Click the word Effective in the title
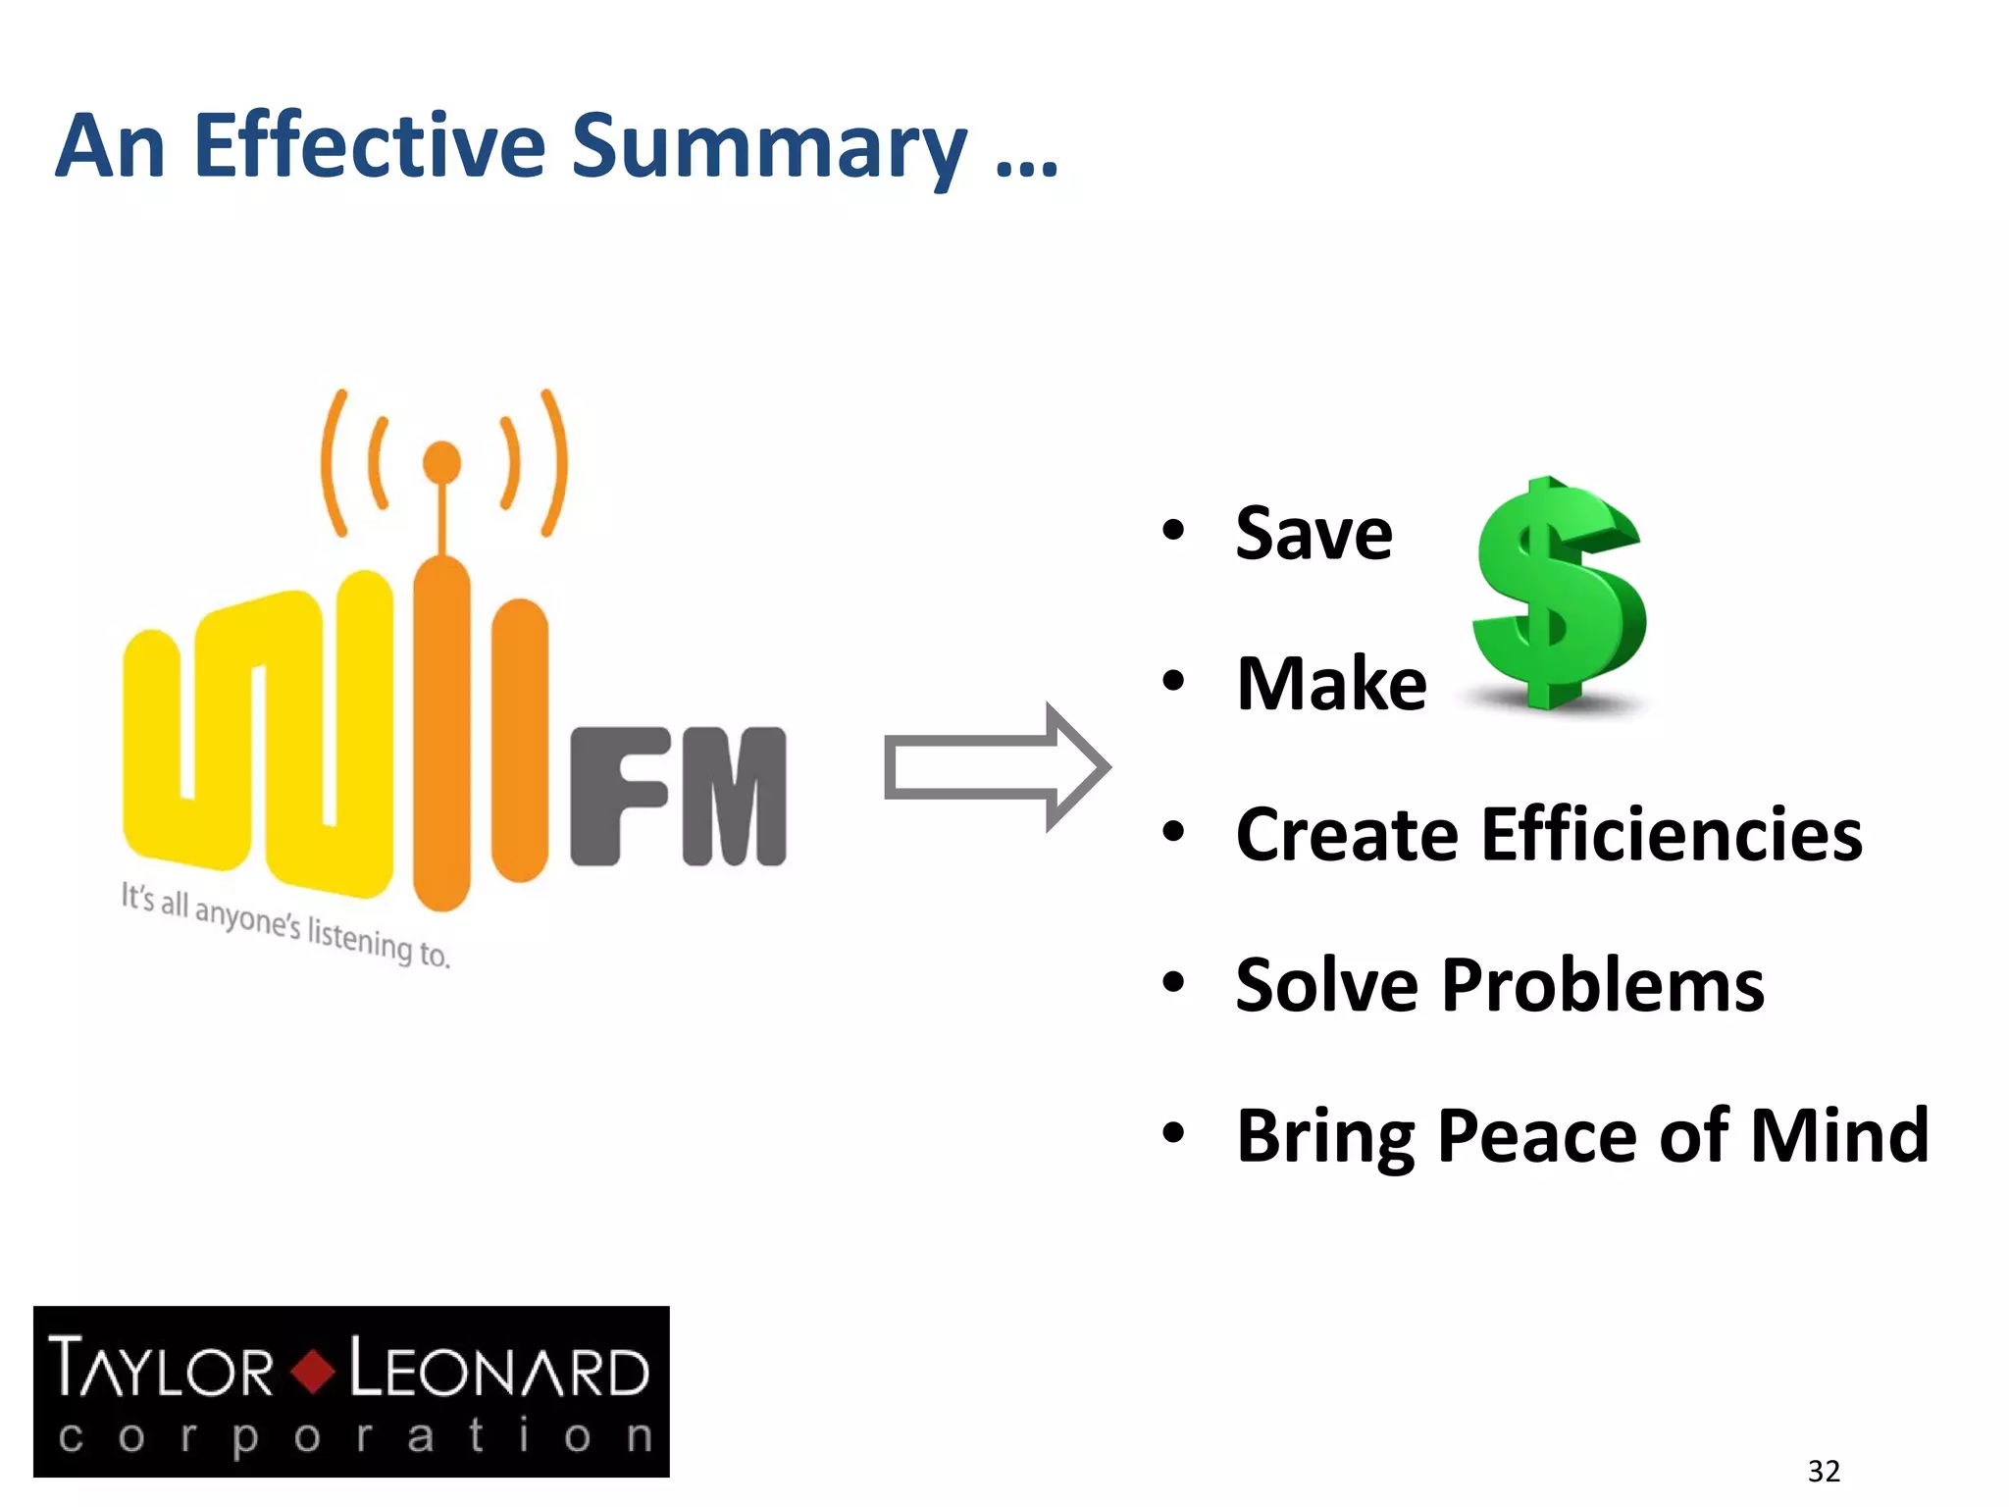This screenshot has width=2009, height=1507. [369, 147]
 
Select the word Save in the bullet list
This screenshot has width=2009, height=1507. [1314, 535]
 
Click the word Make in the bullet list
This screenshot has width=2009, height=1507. [1331, 684]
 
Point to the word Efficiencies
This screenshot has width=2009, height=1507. [1672, 835]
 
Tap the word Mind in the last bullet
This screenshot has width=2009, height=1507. [1839, 1135]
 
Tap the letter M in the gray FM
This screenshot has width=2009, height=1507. [734, 797]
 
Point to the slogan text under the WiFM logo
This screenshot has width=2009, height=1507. [285, 925]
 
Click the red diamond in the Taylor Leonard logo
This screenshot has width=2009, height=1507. [313, 1371]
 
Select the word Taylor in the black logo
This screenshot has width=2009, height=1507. [161, 1368]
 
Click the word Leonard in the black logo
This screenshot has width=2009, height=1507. [498, 1370]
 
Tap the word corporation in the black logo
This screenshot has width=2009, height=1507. [353, 1438]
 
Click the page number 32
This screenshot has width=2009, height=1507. [1824, 1471]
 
